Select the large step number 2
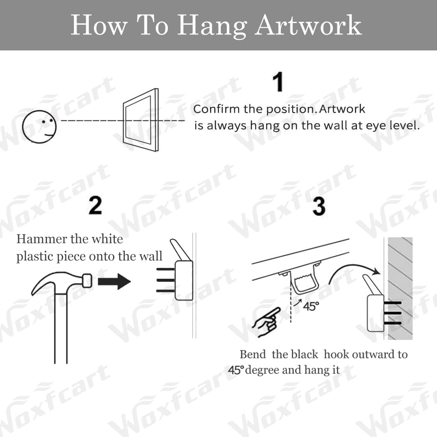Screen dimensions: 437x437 tap(95, 205)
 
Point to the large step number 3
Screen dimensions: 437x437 tap(319, 205)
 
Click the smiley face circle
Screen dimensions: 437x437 tap(40, 126)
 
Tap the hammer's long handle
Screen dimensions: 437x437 tap(61, 330)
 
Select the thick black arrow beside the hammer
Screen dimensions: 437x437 tap(114, 282)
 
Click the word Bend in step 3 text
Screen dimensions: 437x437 tap(253, 354)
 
